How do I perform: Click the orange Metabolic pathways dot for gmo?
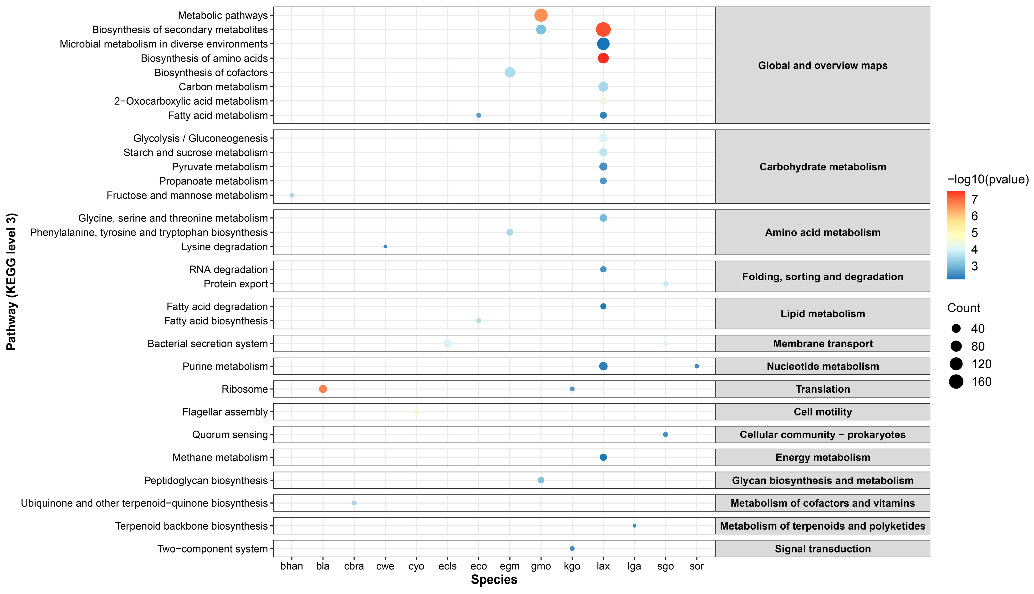pyautogui.click(x=541, y=15)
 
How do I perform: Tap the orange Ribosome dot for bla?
pyautogui.click(x=323, y=389)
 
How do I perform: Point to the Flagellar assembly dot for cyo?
pyautogui.click(x=416, y=412)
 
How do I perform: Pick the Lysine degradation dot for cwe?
pyautogui.click(x=385, y=246)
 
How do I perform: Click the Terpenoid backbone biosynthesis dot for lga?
pyautogui.click(x=634, y=526)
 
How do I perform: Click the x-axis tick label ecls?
pyautogui.click(x=447, y=566)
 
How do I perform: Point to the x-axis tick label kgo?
pyautogui.click(x=572, y=567)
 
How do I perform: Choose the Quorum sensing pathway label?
pyautogui.click(x=230, y=435)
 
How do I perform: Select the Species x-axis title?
pyautogui.click(x=494, y=580)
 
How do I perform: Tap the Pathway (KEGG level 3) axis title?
pyautogui.click(x=11, y=282)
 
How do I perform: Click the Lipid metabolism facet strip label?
pyautogui.click(x=823, y=314)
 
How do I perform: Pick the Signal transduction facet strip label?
pyautogui.click(x=823, y=549)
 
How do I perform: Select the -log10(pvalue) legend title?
pyautogui.click(x=988, y=179)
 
